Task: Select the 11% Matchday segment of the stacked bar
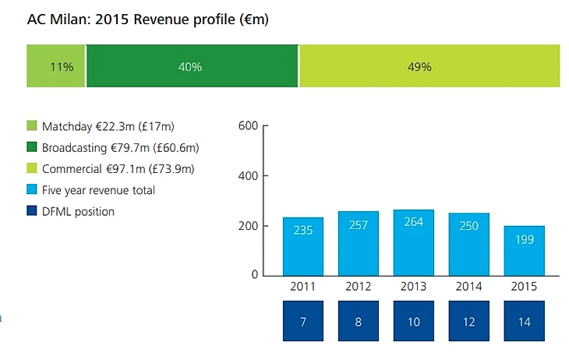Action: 56,67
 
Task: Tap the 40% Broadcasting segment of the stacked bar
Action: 192,67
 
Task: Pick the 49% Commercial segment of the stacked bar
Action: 429,67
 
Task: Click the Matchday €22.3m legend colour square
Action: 32,125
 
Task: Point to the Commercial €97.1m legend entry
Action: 118,168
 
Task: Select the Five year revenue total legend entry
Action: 98,190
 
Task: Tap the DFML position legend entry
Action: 78,211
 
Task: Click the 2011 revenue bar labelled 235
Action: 302,245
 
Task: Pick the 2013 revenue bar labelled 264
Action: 413,242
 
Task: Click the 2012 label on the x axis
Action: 358,287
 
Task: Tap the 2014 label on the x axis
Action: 469,287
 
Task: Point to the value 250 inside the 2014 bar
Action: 469,225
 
